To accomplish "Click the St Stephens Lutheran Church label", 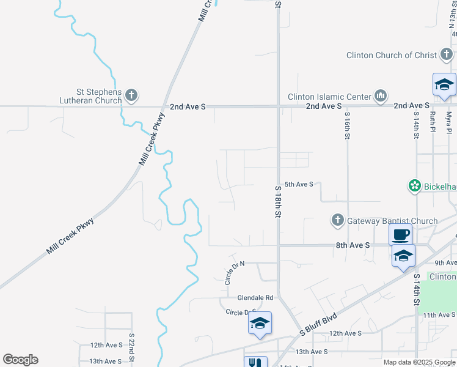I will point(90,95).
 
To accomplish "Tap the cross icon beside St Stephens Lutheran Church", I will point(131,95).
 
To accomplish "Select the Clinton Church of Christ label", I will point(391,55).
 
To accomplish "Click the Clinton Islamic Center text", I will point(329,97).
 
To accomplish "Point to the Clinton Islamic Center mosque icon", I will point(381,95).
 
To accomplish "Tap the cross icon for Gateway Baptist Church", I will point(337,220).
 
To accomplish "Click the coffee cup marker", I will point(401,234).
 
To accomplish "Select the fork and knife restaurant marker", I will point(256,363).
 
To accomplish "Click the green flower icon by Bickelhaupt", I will point(415,185).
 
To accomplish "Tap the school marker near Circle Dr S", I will point(260,323).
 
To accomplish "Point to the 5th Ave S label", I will point(299,184).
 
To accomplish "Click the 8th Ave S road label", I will point(353,245).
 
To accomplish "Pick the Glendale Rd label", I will point(255,298).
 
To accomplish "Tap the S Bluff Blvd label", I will point(318,325).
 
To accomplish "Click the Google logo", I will point(20,360).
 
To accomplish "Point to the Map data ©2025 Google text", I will point(419,362).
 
